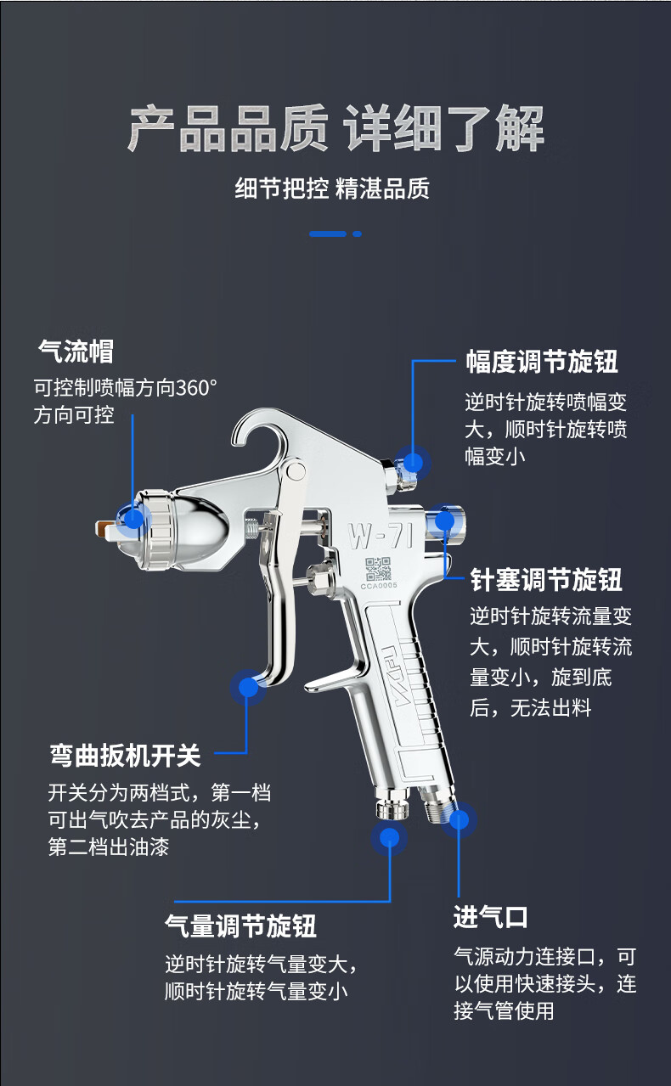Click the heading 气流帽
point(76,352)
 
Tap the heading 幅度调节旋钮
point(542,362)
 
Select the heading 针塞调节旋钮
point(546,580)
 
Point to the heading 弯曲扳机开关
point(125,756)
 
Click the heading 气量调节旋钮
point(240,926)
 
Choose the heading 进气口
point(491,917)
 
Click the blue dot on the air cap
point(133,519)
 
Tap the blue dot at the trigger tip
point(248,687)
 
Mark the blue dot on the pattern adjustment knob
point(413,462)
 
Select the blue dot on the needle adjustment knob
point(444,521)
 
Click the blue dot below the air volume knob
point(389,837)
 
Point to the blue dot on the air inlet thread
point(459,819)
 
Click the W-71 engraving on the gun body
point(381,536)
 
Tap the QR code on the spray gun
point(378,569)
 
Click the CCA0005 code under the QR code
point(378,586)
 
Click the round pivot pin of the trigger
point(296,470)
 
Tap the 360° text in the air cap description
point(196,388)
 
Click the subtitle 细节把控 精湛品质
point(332,189)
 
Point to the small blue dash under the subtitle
point(358,234)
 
